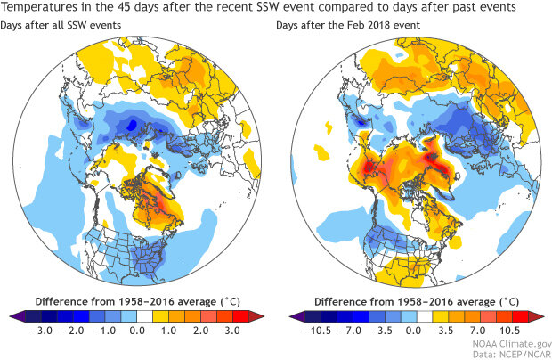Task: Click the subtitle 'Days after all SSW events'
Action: [61, 27]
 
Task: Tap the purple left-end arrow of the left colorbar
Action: [11, 315]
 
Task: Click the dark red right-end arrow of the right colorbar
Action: [540, 315]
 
